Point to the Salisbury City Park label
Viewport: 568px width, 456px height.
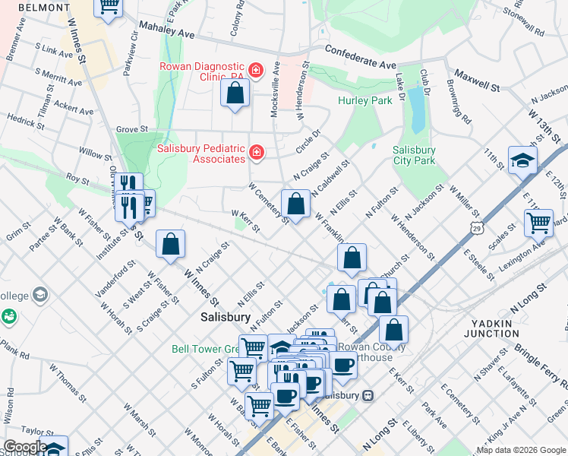415,156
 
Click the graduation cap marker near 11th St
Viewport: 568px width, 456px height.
523,160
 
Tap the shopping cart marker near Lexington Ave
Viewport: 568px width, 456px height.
538,223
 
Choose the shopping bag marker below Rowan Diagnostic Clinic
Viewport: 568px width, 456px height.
235,93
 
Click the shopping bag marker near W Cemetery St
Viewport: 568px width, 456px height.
295,204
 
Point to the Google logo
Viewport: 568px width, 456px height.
25,447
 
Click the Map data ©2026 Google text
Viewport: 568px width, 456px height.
521,450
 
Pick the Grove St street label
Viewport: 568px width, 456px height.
132,130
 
